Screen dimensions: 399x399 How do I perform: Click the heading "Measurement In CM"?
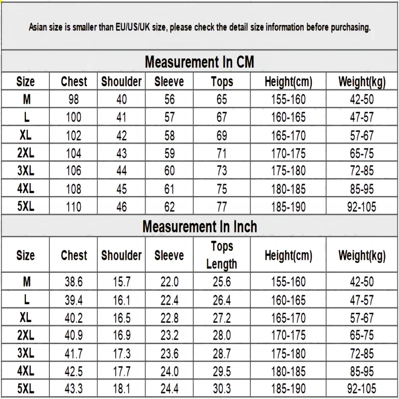pos(199,62)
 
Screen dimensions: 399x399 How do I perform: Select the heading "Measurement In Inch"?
pos(199,226)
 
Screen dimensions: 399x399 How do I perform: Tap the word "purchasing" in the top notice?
pos(352,27)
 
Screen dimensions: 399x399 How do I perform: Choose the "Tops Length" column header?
pos(222,255)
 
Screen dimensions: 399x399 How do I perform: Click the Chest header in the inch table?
pos(74,255)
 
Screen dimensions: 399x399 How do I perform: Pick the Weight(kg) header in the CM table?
pos(362,82)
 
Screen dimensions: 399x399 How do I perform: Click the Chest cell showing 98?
pos(74,100)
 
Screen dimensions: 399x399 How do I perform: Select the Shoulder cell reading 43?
pos(122,153)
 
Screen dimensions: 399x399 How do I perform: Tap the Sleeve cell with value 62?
pos(170,206)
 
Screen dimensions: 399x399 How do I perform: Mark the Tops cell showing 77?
pos(222,206)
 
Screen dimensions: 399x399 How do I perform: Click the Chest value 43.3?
pos(74,388)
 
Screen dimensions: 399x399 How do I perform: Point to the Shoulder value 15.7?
pos(122,282)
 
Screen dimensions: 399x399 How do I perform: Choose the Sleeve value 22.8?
pos(170,317)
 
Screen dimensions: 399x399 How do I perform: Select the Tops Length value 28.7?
pos(222,353)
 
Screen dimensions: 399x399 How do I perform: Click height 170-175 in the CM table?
pos(289,153)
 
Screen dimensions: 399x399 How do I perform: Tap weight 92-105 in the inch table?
pos(362,388)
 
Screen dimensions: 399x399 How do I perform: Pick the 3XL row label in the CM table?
pos(26,171)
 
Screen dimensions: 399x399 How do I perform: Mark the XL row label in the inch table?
pos(26,317)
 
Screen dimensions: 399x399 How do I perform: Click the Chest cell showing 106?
pos(74,171)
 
